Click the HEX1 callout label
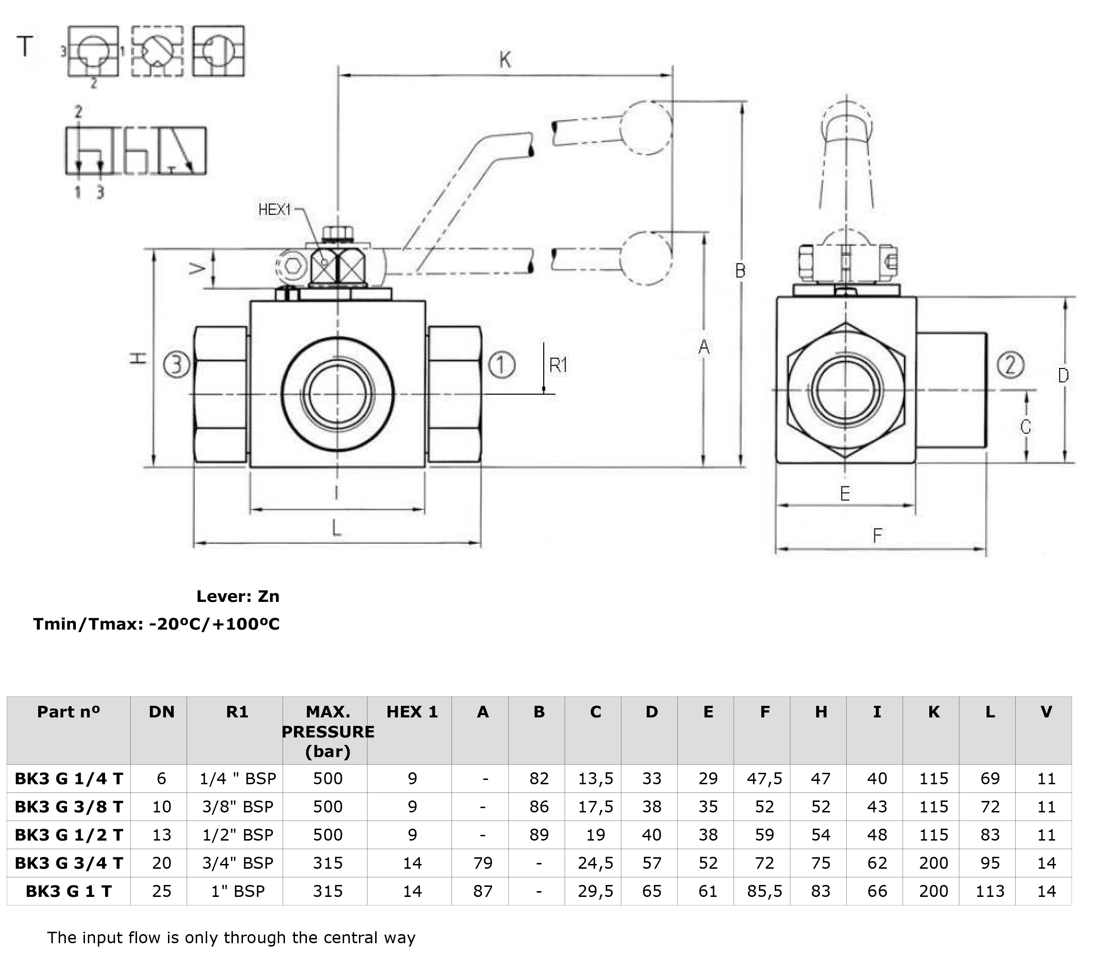(274, 210)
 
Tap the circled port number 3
(177, 365)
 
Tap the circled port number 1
(501, 365)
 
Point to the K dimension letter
(505, 59)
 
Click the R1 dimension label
(558, 365)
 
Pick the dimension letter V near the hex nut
(198, 268)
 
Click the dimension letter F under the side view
(877, 535)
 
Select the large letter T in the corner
(25, 46)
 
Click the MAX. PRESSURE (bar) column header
(327, 731)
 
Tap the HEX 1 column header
(411, 712)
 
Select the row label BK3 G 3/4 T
(68, 863)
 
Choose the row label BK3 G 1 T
(68, 891)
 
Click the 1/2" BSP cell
(237, 834)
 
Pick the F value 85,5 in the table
(764, 891)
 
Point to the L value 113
(990, 891)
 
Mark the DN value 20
(161, 863)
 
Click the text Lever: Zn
(238, 596)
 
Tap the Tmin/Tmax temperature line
(156, 624)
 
